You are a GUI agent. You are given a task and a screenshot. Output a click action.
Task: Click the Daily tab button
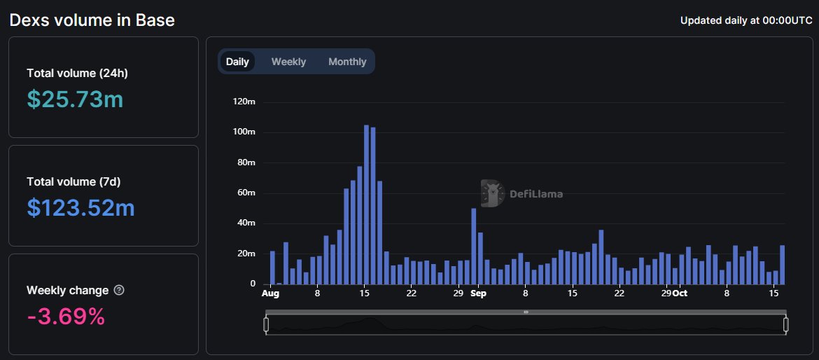(x=237, y=62)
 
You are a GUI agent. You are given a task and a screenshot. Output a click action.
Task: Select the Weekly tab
(x=288, y=62)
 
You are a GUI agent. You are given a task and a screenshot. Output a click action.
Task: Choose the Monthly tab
(x=347, y=62)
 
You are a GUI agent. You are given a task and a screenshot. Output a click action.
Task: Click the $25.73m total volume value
(x=75, y=99)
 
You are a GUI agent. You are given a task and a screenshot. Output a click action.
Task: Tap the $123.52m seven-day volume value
(x=80, y=208)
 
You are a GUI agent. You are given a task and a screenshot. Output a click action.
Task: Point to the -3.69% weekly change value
(x=66, y=317)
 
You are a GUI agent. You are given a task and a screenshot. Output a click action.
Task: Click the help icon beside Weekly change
(x=119, y=290)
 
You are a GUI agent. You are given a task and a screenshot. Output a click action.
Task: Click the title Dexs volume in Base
(x=92, y=20)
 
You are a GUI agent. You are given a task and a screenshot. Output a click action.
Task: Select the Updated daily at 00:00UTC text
(x=746, y=20)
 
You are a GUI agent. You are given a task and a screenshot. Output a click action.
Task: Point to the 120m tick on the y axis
(x=244, y=102)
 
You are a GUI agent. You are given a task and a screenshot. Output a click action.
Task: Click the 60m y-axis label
(x=246, y=193)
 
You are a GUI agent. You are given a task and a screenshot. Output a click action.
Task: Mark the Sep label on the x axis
(x=478, y=293)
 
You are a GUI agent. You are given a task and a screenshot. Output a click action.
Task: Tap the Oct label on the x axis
(x=679, y=293)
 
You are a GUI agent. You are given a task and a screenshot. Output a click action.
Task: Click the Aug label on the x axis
(x=270, y=293)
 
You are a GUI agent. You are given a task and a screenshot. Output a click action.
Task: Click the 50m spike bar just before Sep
(x=474, y=246)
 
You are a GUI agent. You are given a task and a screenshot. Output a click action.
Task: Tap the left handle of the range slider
(x=266, y=324)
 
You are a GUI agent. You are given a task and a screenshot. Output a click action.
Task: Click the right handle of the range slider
(x=786, y=324)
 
